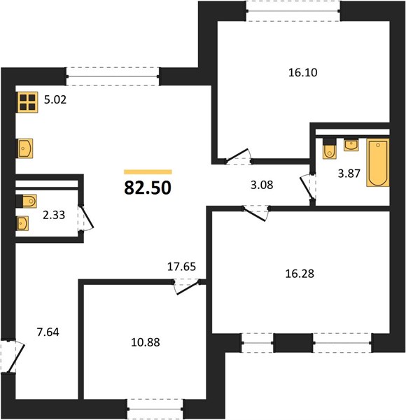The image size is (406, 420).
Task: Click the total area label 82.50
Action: [148, 188]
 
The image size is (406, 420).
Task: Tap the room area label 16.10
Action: [303, 73]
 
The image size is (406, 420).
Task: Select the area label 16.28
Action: [300, 274]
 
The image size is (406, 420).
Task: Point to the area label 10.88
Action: [146, 342]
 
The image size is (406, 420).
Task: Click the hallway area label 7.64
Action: [48, 332]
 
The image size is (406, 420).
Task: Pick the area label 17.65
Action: [181, 267]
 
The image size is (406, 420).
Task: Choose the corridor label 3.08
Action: [262, 185]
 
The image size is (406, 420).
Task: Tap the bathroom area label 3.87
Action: [349, 174]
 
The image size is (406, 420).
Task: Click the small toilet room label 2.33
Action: [54, 215]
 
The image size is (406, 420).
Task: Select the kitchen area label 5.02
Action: [55, 100]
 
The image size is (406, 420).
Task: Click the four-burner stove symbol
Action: [27, 102]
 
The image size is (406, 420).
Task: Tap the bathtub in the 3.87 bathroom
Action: [378, 162]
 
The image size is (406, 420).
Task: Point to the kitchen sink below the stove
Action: [25, 148]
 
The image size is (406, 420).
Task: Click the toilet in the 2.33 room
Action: [26, 201]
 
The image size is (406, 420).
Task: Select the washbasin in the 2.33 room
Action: [22, 223]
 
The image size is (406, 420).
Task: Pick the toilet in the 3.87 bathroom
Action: [330, 148]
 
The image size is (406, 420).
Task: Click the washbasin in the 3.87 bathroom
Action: [351, 145]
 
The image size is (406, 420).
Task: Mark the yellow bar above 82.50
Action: [148, 172]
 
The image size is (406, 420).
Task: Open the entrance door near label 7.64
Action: [13, 357]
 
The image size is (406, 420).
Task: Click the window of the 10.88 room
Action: [155, 409]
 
